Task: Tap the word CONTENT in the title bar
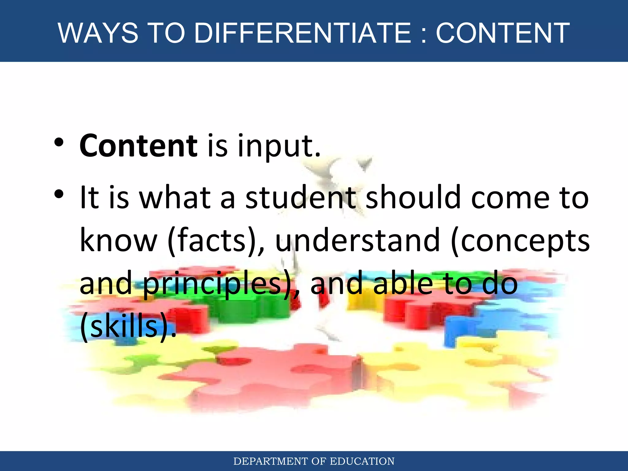pyautogui.click(x=503, y=33)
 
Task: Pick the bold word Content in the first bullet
pyautogui.click(x=138, y=146)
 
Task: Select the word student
pyautogui.click(x=301, y=198)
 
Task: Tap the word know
pyautogui.click(x=118, y=241)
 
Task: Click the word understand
pyautogui.click(x=358, y=241)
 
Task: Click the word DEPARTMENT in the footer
pyautogui.click(x=270, y=461)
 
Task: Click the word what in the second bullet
pyautogui.click(x=175, y=198)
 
